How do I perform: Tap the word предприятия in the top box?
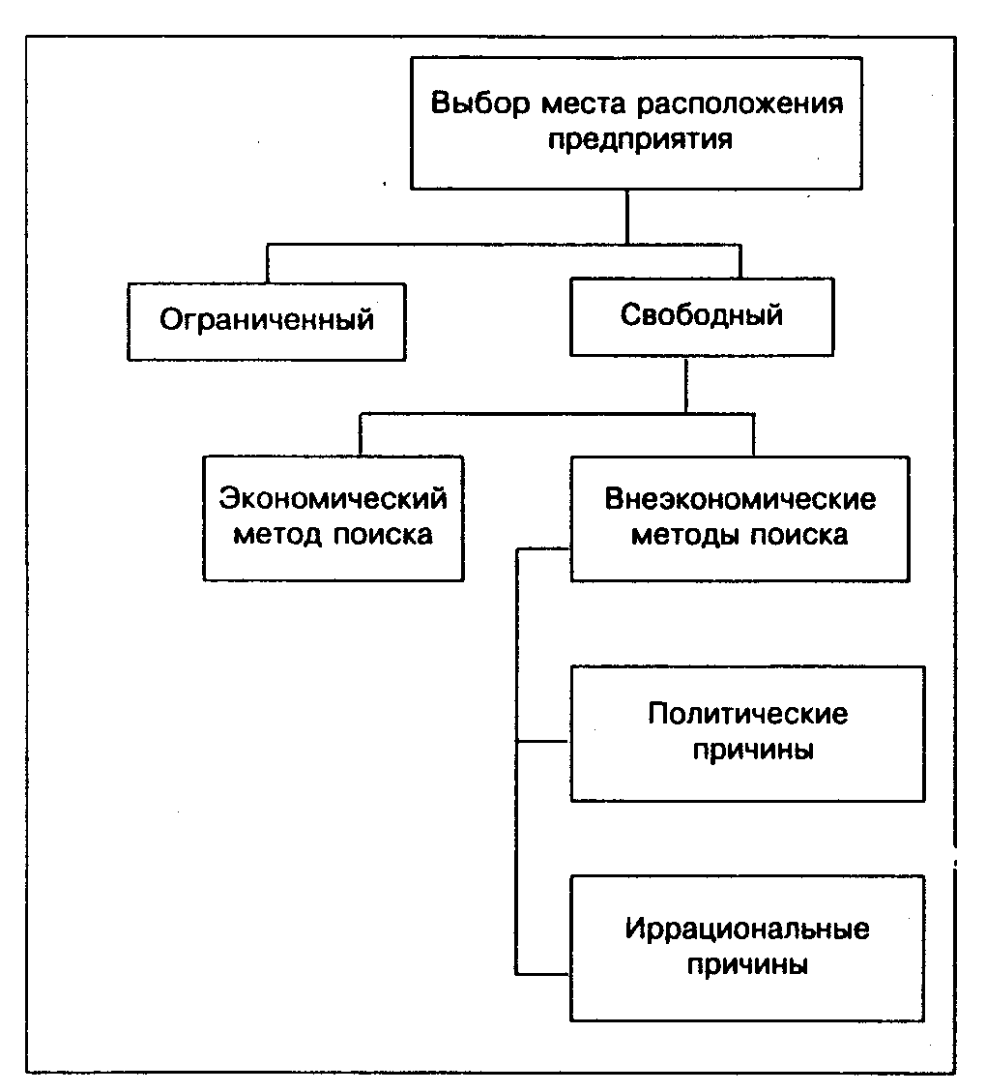pos(640,138)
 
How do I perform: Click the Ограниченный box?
pos(267,321)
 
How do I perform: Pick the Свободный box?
pos(701,316)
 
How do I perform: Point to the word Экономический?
pos(333,499)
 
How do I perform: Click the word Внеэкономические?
pos(739,499)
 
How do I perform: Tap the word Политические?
pos(747,714)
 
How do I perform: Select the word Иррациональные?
pos(747,930)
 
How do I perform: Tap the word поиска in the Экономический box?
pos(384,535)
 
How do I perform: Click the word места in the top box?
pos(565,104)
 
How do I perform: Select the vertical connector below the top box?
pos(627,216)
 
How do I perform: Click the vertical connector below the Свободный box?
pos(685,386)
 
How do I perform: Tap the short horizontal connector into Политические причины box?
pos(544,743)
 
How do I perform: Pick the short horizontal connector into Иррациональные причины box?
pos(544,971)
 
